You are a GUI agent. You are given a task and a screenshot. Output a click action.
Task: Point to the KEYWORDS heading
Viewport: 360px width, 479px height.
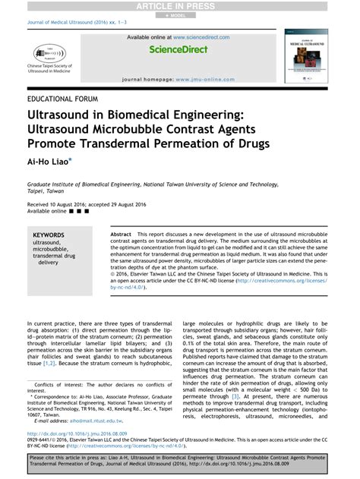point(49,236)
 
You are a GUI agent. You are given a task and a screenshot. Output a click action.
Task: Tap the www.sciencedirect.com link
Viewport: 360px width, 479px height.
point(201,36)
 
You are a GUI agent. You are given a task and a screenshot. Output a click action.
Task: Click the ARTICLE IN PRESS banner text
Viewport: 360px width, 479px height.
point(179,6)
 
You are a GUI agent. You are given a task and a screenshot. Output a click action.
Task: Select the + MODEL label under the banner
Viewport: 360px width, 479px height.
point(179,15)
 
